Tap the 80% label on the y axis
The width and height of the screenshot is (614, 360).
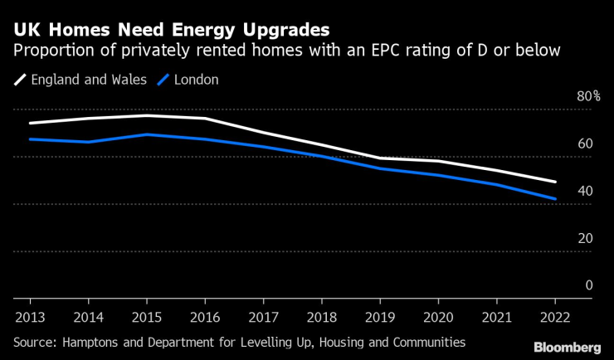[587, 96]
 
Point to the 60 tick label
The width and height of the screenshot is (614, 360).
[585, 144]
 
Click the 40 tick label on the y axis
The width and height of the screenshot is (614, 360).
[585, 191]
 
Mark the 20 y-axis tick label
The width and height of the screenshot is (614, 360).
[585, 238]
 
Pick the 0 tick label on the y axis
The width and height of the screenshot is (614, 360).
[588, 285]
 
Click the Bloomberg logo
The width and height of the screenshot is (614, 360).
[567, 347]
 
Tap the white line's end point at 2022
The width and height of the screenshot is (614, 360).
[555, 182]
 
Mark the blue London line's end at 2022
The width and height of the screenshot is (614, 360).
[555, 199]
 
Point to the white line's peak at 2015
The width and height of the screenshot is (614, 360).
[146, 115]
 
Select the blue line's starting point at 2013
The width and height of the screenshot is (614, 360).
[30, 139]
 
